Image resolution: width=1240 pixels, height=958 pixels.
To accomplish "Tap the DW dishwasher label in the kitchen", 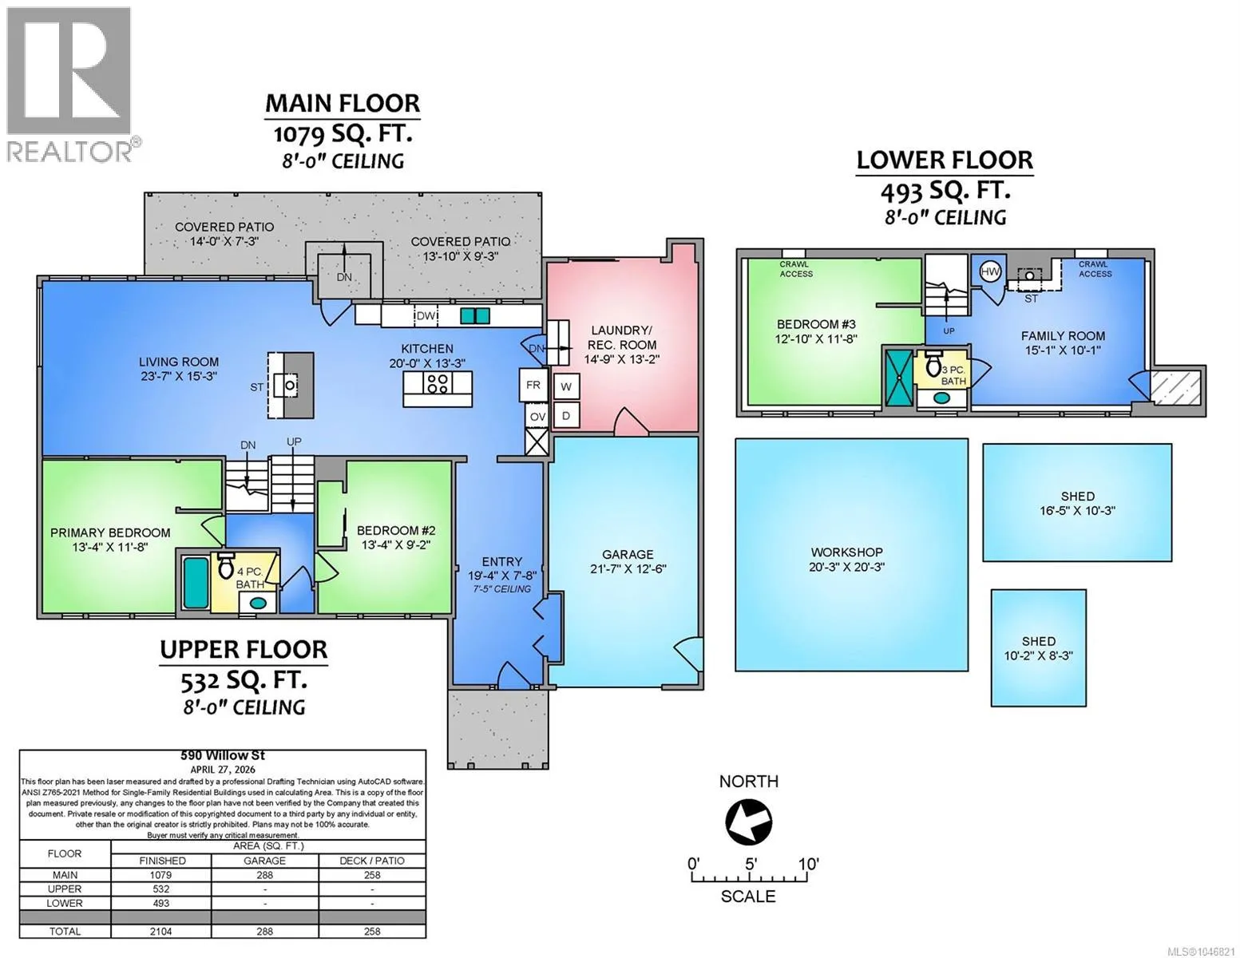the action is pyautogui.click(x=426, y=316).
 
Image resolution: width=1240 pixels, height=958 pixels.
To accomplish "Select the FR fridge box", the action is pyautogui.click(x=533, y=385).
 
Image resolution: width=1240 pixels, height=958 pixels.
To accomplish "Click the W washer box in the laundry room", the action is pyautogui.click(x=565, y=386).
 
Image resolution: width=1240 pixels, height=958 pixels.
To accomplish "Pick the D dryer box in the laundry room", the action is pyautogui.click(x=565, y=415).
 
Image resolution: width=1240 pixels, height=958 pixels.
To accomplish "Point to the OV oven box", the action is pyautogui.click(x=537, y=417).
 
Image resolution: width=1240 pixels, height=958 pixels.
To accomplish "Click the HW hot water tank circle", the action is pyautogui.click(x=990, y=272).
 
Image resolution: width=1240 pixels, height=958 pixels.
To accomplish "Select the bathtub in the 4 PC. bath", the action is pyautogui.click(x=196, y=583).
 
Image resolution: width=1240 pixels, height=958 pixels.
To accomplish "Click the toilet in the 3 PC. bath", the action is pyautogui.click(x=933, y=364).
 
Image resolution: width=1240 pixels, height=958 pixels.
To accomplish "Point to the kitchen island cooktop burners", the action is pyautogui.click(x=437, y=383).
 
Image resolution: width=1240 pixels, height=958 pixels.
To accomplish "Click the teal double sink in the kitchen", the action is pyautogui.click(x=475, y=315).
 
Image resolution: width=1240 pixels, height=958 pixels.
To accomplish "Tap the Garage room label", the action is pyautogui.click(x=628, y=554).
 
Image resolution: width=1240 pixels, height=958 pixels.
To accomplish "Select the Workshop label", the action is pyautogui.click(x=847, y=552).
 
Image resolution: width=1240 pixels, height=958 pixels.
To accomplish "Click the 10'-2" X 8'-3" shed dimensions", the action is pyautogui.click(x=1039, y=655).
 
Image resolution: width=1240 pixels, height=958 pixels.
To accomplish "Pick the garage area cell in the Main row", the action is pyautogui.click(x=264, y=875).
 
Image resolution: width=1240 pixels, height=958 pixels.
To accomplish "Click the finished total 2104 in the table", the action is pyautogui.click(x=161, y=931).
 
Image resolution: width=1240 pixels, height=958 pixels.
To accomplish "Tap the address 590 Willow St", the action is pyautogui.click(x=223, y=755).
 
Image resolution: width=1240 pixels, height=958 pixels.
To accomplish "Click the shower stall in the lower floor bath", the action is pyautogui.click(x=899, y=377).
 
